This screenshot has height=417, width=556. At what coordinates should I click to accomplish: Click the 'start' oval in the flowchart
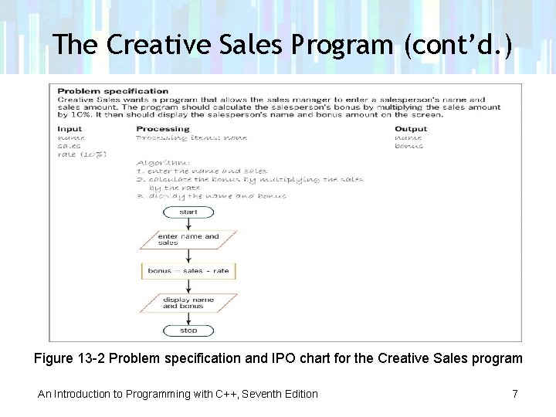pos(188,212)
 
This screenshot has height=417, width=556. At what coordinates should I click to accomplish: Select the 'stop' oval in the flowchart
pos(188,331)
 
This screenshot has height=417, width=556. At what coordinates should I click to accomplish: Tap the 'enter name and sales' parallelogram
pos(188,239)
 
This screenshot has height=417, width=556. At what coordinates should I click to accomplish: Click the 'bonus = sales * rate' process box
pos(188,271)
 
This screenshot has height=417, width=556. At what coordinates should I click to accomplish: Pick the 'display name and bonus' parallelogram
pos(188,303)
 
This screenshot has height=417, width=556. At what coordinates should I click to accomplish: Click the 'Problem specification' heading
pos(113,91)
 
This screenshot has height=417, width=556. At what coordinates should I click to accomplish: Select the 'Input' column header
pos(69,129)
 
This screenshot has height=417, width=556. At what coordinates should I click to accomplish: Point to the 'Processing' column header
pos(162,129)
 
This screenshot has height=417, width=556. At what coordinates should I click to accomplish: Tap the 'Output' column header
pos(411,129)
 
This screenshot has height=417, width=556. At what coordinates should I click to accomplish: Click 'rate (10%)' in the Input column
pos(82,154)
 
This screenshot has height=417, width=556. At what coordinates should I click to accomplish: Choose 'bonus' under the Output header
pos(409,146)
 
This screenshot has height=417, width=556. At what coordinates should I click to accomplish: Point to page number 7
pos(515,394)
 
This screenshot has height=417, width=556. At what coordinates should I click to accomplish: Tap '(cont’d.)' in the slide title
pos(456,44)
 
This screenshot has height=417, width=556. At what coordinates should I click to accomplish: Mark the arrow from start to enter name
pos(188,223)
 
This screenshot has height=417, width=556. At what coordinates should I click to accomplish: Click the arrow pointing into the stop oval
pos(188,320)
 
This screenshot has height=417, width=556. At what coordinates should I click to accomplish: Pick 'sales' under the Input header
pos(69,146)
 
